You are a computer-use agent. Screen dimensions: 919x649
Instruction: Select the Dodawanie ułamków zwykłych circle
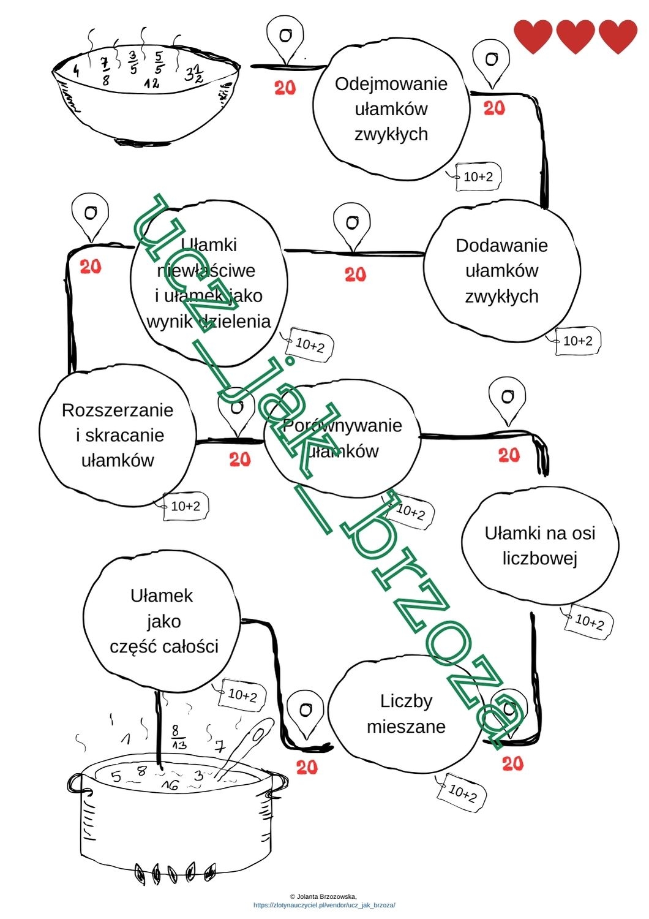[x=501, y=271]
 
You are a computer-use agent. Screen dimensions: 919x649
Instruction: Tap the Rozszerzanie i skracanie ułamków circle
[x=117, y=436]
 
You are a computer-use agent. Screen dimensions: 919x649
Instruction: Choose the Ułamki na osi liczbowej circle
[x=539, y=546]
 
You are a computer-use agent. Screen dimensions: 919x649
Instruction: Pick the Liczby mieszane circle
[x=405, y=714]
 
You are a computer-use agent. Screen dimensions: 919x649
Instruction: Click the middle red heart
[x=575, y=36]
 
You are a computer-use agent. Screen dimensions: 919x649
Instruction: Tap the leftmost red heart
[x=533, y=36]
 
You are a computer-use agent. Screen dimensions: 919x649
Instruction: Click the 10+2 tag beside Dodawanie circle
[x=577, y=341]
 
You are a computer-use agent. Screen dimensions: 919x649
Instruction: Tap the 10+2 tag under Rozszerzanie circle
[x=185, y=507]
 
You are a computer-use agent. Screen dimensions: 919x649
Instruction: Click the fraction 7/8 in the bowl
[x=106, y=70]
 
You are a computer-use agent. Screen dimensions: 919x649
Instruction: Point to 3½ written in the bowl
[x=194, y=76]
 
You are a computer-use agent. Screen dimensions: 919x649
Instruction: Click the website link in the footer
[x=324, y=905]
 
